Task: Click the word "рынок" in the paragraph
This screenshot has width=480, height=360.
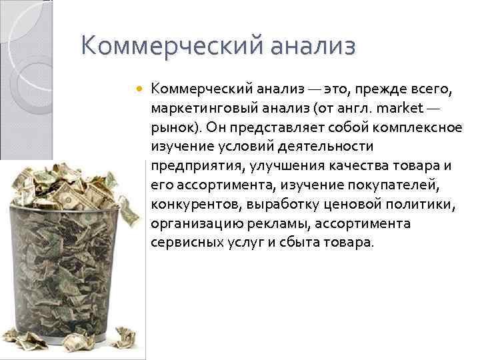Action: (x=170, y=127)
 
